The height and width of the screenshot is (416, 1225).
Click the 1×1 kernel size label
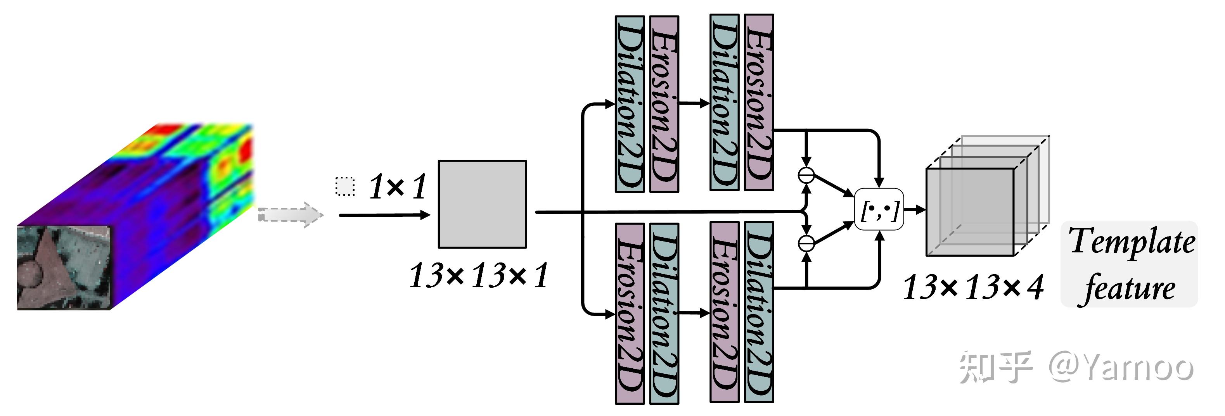pyautogui.click(x=398, y=186)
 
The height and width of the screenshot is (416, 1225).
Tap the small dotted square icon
pyautogui.click(x=345, y=186)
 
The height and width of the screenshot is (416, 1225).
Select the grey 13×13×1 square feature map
pyautogui.click(x=482, y=204)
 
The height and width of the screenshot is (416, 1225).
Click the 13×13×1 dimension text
pyautogui.click(x=478, y=275)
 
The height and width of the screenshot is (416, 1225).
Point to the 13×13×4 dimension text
pyautogui.click(x=973, y=287)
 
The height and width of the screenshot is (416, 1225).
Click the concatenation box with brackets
pyautogui.click(x=879, y=209)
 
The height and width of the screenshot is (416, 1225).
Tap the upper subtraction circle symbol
pyautogui.click(x=806, y=175)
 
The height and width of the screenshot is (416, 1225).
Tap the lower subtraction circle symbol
pyautogui.click(x=806, y=243)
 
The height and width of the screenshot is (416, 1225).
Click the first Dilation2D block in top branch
pyautogui.click(x=630, y=104)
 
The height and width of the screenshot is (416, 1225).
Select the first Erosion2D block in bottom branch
pyautogui.click(x=630, y=313)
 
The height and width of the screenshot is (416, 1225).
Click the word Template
pyautogui.click(x=1132, y=242)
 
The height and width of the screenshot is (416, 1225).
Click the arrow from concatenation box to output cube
pyautogui.click(x=914, y=209)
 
